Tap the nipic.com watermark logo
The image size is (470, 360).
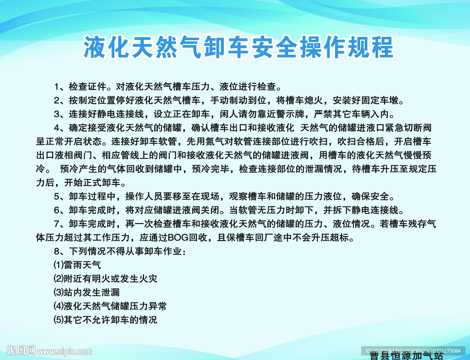pos(46,351)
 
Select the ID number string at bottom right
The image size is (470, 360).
pos(413,350)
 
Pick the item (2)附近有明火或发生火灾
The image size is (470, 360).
pos(106,279)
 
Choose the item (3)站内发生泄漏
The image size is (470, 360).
pos(87,292)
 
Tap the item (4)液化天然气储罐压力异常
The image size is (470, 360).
pos(110,306)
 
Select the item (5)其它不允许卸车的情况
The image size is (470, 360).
pos(106,320)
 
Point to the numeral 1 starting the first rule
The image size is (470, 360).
pos(57,87)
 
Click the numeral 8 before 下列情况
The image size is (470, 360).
pos(57,252)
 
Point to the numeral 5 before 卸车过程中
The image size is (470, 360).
pos(57,197)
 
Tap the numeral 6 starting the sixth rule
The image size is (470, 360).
pos(57,211)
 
